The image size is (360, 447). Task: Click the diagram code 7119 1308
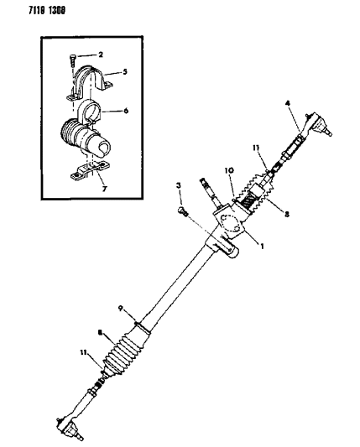(x=46, y=10)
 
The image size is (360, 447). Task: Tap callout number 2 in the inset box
(x=101, y=55)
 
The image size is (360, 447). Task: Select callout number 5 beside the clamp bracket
(x=125, y=71)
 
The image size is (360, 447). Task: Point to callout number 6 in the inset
(x=126, y=111)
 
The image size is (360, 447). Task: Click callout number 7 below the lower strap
(x=104, y=189)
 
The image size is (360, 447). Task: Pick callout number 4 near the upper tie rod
(x=288, y=103)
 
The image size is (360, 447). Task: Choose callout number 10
(x=229, y=170)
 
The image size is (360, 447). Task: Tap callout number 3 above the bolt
(x=179, y=185)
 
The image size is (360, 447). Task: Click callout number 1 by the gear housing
(x=262, y=246)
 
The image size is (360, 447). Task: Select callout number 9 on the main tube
(x=121, y=308)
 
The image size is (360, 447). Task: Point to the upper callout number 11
(x=256, y=148)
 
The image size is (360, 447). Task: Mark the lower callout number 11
(x=84, y=352)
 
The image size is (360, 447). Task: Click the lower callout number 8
(x=100, y=332)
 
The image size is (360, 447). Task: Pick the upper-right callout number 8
(x=287, y=214)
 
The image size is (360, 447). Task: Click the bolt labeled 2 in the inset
(x=72, y=61)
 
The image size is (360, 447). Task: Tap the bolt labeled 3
(x=182, y=211)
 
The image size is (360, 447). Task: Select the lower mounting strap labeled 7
(x=90, y=171)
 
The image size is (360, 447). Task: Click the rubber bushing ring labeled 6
(x=89, y=112)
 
